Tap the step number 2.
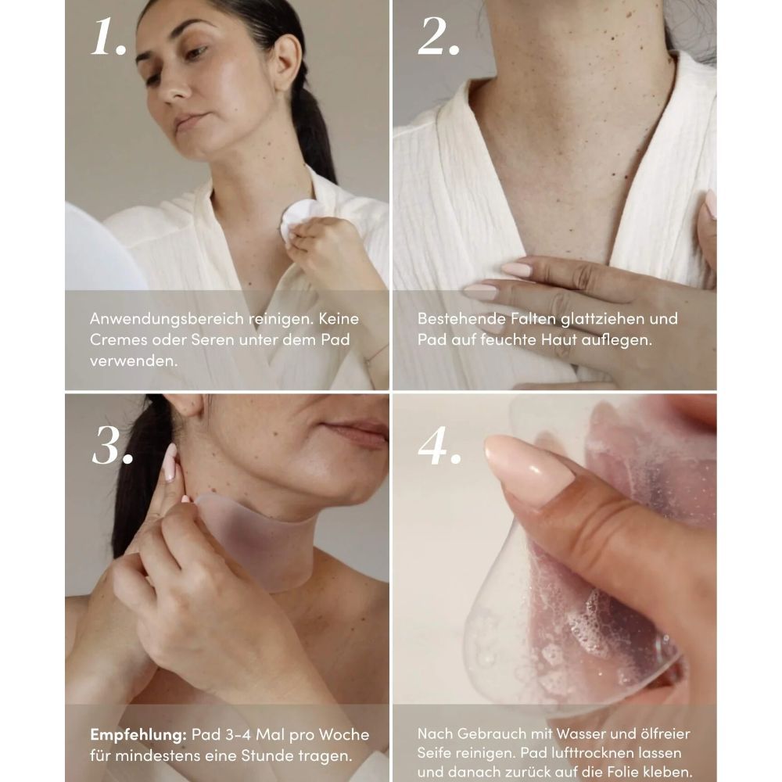point(439,36)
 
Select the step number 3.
point(113,446)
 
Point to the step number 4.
point(439,446)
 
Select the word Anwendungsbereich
point(167,319)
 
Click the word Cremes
point(118,339)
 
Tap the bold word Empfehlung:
point(138,735)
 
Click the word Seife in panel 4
point(434,752)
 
